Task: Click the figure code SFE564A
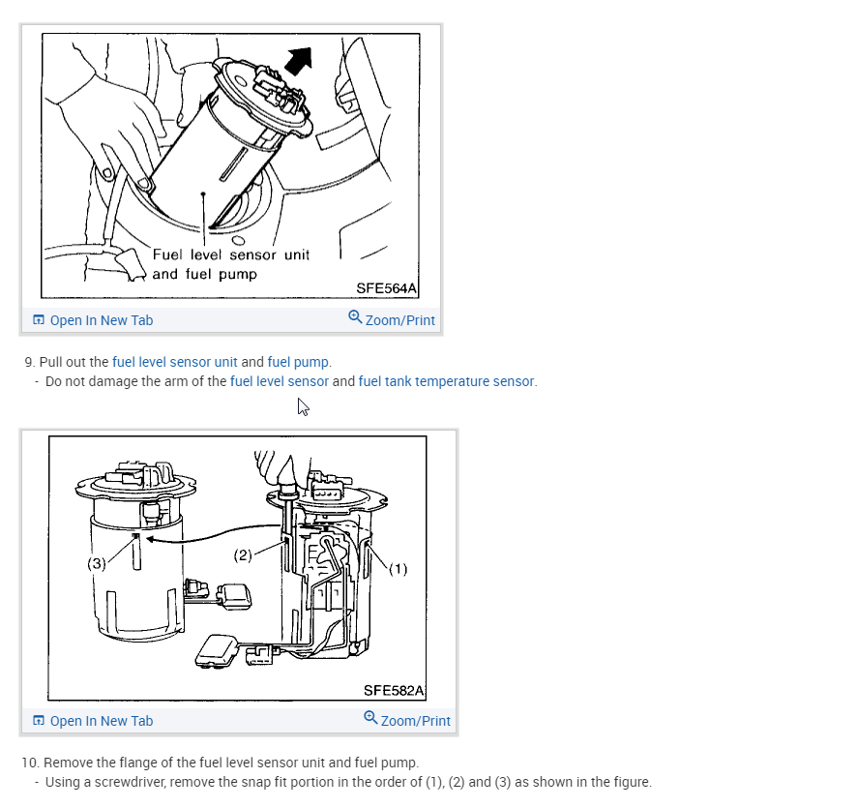tap(386, 288)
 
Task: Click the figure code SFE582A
tap(394, 691)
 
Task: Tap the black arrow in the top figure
tap(299, 60)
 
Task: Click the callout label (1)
tap(398, 569)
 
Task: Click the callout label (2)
tap(243, 555)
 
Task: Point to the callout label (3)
tap(97, 563)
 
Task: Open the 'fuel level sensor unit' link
tap(174, 362)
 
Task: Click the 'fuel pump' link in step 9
tap(298, 362)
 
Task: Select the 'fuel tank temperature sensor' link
tap(446, 381)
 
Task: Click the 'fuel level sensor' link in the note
tap(280, 381)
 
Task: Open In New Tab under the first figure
tap(93, 320)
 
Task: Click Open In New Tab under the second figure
tap(93, 721)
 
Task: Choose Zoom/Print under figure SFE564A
tap(392, 319)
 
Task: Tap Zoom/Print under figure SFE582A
tap(407, 720)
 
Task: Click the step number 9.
tap(30, 362)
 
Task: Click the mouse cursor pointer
tap(303, 406)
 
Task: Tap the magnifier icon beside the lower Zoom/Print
tap(370, 717)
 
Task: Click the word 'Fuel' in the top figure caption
tap(167, 254)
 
